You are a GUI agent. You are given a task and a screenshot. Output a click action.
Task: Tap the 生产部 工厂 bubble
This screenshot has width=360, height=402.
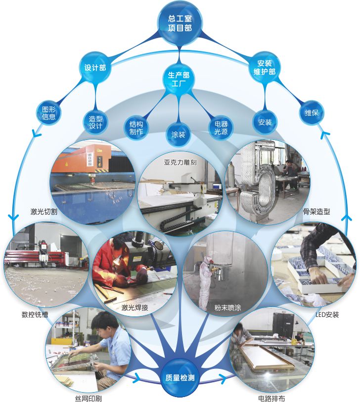(x=179, y=79)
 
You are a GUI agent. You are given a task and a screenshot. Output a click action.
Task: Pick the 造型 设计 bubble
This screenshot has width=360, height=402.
(x=95, y=122)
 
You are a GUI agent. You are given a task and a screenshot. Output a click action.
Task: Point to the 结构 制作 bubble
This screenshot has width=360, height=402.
(x=136, y=128)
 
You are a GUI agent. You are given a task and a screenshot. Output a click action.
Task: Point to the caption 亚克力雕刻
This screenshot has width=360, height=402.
(x=180, y=162)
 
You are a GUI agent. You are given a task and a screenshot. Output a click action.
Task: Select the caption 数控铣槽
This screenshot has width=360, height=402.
(x=35, y=314)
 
